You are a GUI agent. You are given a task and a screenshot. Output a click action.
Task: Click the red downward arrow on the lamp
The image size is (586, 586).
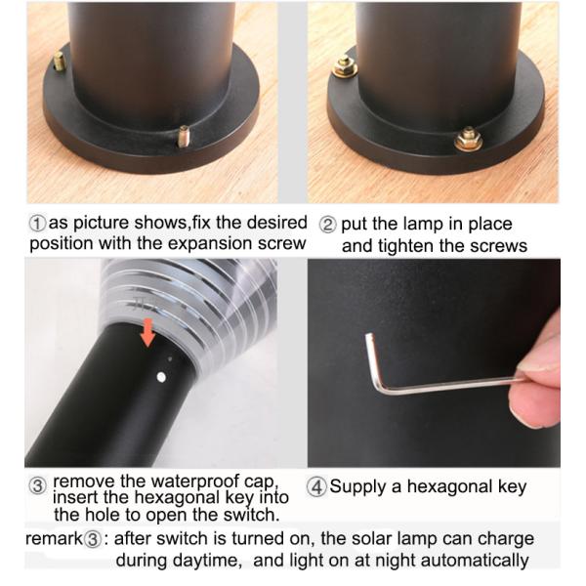(147, 331)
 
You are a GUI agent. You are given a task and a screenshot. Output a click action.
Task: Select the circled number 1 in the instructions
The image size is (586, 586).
(38, 224)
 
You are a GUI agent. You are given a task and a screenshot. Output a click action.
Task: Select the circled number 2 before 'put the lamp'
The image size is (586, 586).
(329, 224)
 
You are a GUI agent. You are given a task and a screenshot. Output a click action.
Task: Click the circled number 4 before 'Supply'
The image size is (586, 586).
(317, 486)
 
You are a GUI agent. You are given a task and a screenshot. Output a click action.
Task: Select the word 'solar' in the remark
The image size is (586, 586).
(361, 539)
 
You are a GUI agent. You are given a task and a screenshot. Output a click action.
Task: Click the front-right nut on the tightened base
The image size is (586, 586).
(468, 139)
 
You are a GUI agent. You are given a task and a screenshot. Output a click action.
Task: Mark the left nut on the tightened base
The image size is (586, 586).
(344, 66)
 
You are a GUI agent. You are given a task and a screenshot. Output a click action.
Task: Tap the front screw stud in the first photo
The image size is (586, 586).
(182, 140)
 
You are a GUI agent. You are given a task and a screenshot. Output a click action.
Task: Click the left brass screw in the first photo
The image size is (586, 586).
(59, 62)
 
